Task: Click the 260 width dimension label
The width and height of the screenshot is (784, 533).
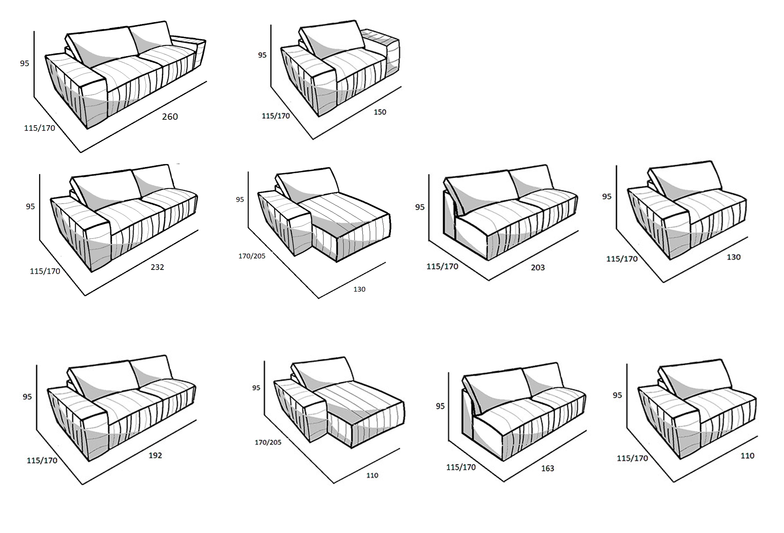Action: point(170,117)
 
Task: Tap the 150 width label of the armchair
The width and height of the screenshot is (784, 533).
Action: point(380,112)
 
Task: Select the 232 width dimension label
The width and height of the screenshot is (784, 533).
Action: point(157,267)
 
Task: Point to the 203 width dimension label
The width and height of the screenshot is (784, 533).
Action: point(537,267)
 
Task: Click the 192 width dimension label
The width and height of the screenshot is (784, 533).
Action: point(155,455)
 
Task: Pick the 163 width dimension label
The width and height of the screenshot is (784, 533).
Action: point(547,468)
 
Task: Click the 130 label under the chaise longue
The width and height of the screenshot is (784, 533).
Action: point(359,289)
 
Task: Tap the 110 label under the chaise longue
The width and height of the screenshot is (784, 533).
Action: point(372,476)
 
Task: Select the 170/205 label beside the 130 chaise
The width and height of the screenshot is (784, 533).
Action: point(252,256)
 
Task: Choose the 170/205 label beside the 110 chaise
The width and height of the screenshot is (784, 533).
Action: point(268,442)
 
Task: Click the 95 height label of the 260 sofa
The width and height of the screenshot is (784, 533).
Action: point(24,63)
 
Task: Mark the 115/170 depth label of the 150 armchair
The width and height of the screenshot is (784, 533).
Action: point(276,116)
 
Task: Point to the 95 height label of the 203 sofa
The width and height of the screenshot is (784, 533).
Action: point(420,207)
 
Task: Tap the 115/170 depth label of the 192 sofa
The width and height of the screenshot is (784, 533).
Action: point(42,460)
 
